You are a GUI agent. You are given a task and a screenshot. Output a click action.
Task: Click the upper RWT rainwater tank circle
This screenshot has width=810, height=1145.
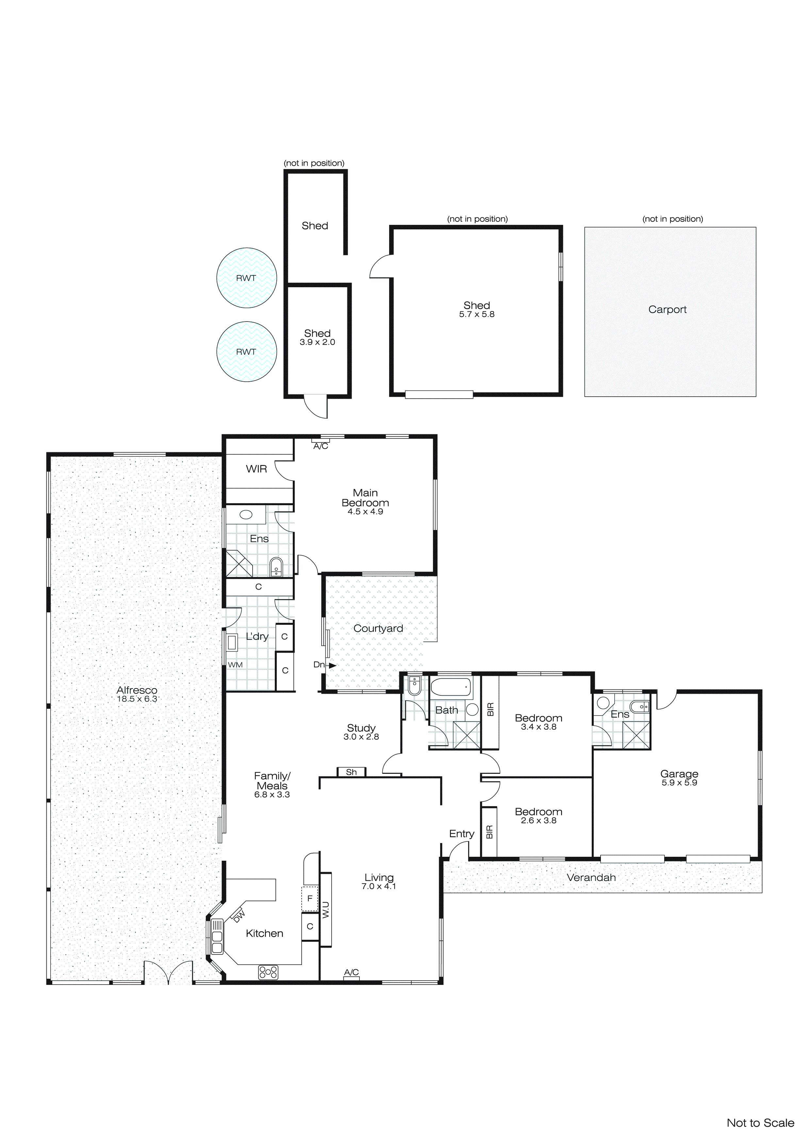(x=246, y=278)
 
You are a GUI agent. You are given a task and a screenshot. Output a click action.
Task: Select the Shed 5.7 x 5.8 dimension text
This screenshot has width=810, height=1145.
(x=476, y=314)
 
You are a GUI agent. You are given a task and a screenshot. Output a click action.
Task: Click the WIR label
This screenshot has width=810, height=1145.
(x=256, y=469)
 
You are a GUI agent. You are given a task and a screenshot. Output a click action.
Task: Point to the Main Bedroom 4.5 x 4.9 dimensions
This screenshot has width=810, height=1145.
(x=365, y=512)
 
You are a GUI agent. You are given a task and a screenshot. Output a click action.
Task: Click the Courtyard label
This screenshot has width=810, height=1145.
(x=378, y=628)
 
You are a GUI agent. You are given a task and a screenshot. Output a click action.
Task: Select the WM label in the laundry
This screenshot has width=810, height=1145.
(x=235, y=665)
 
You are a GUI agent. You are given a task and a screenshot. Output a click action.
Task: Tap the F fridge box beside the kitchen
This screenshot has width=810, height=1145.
(x=310, y=898)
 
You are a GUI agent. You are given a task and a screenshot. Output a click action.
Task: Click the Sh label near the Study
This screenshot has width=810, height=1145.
(x=351, y=772)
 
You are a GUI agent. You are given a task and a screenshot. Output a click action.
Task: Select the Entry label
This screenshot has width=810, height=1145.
(x=461, y=834)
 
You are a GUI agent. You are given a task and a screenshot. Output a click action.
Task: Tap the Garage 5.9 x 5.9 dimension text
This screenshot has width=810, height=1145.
(x=679, y=783)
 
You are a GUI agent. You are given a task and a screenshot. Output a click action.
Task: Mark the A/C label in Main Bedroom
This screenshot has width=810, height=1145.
(x=321, y=446)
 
